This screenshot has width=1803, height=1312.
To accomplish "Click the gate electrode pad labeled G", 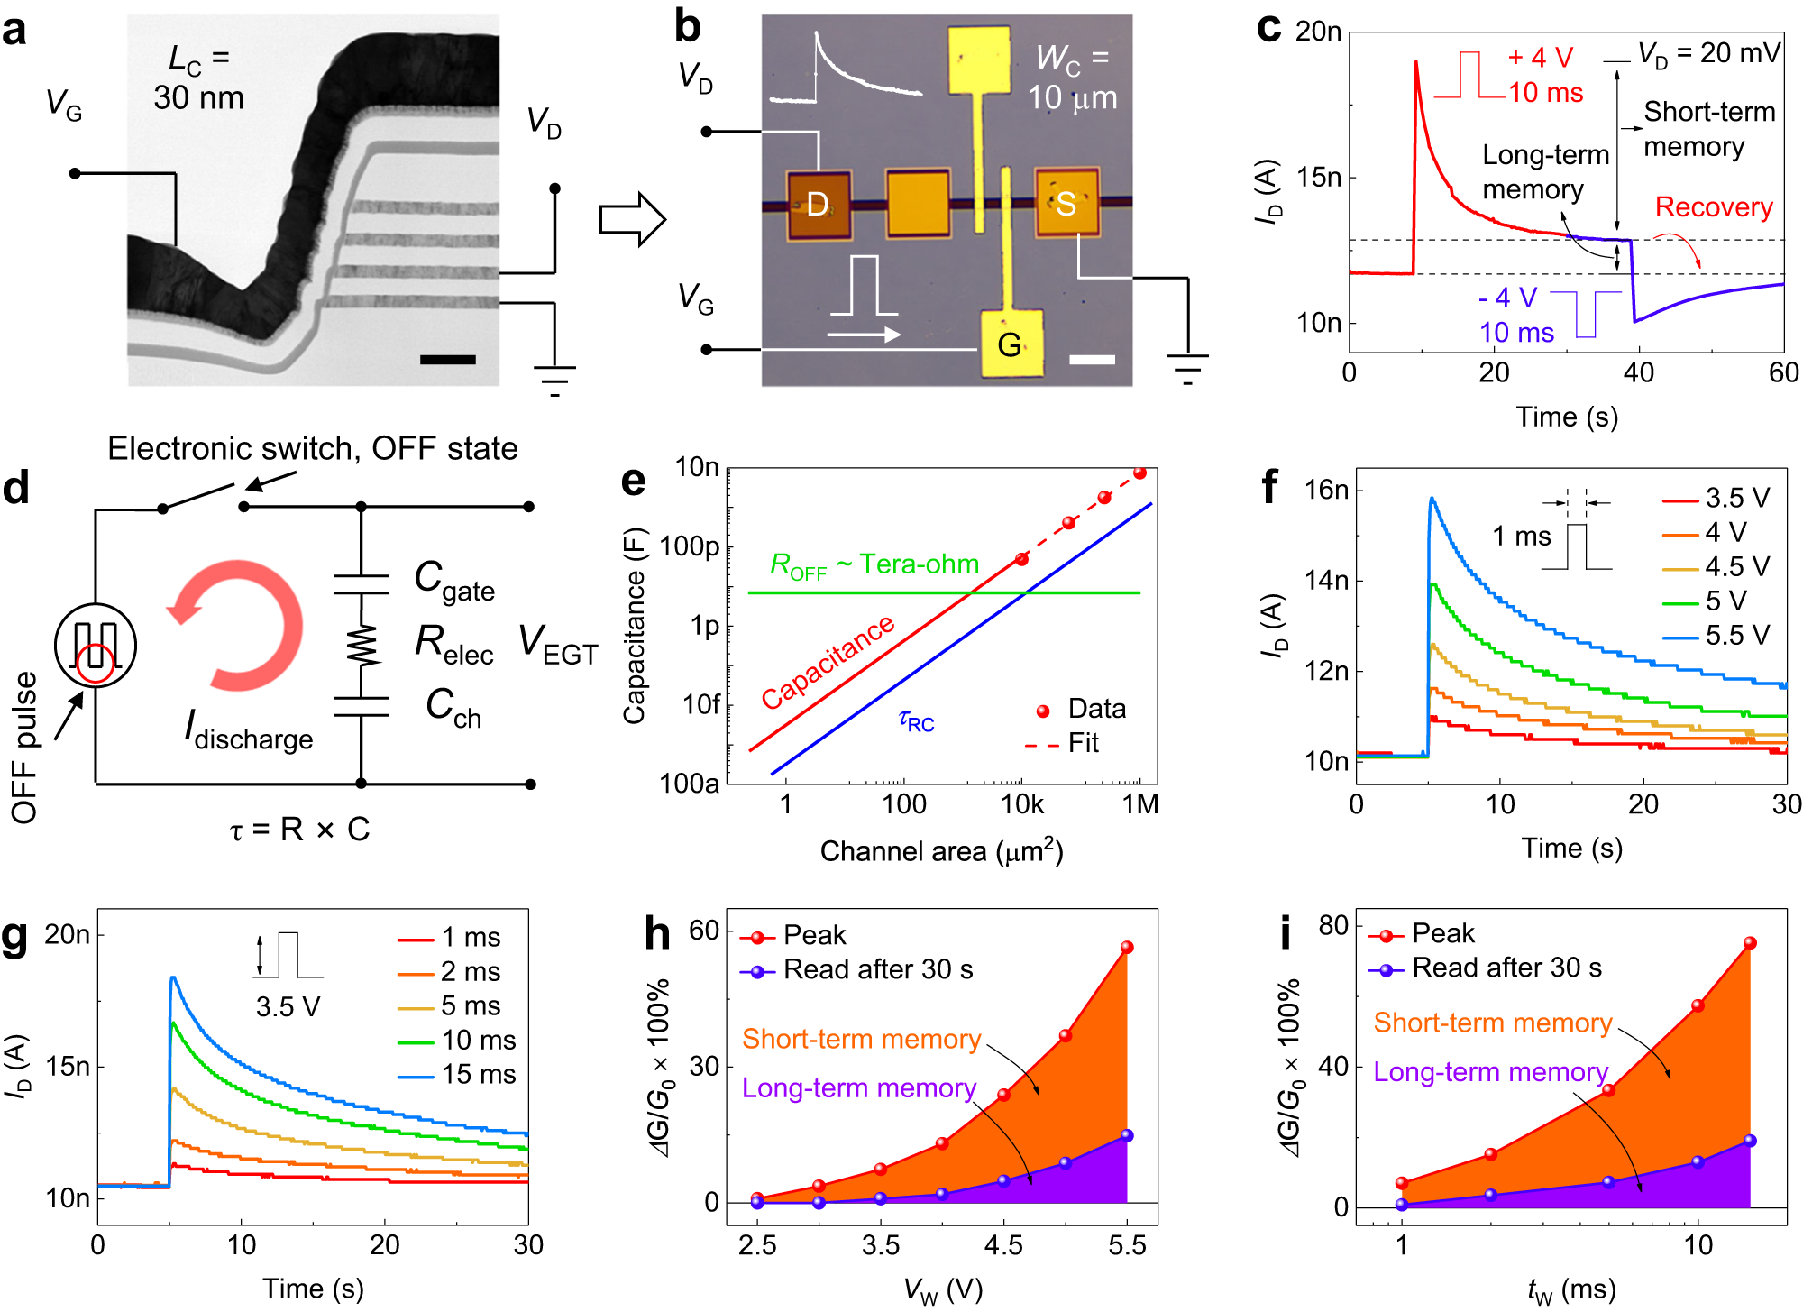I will (x=1011, y=344).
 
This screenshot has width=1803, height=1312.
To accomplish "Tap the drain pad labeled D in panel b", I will (x=819, y=205).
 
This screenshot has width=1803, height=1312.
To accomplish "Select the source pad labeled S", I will (x=1066, y=204).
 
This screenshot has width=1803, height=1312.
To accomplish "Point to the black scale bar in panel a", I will (x=447, y=360).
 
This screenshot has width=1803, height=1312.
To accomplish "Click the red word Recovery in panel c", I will (x=1714, y=207).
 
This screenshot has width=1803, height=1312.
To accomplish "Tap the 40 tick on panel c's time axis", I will (x=1638, y=372).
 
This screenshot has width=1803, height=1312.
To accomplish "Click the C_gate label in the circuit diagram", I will (x=453, y=580).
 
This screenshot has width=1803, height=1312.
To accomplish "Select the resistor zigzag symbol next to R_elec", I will (x=362, y=646).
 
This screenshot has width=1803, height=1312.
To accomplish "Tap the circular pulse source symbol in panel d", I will (x=95, y=646).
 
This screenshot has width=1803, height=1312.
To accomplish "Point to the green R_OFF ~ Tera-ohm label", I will (x=874, y=565).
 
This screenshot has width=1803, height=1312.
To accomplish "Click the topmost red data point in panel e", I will (x=1139, y=473).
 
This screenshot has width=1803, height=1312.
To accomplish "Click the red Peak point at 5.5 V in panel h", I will (x=1127, y=947).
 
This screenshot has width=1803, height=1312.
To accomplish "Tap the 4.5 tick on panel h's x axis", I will (x=1003, y=1245).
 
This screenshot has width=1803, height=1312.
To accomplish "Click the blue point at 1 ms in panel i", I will (x=1401, y=1204).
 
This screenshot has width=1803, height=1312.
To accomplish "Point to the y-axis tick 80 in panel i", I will (x=1332, y=926).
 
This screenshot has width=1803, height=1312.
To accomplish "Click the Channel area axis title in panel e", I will (x=941, y=851).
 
